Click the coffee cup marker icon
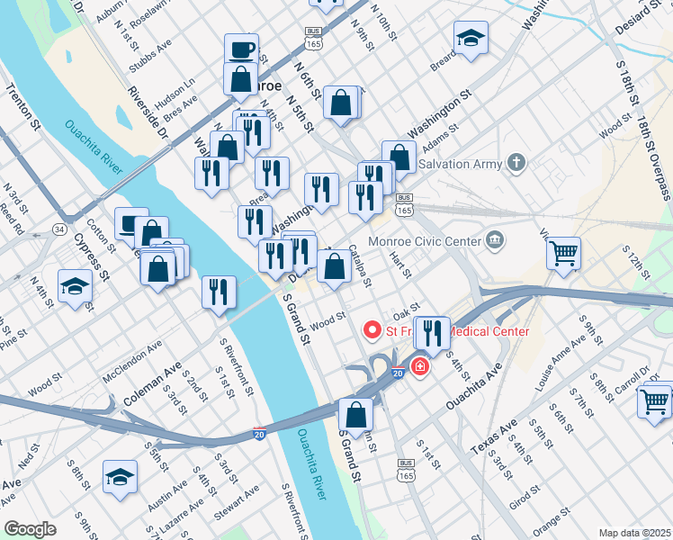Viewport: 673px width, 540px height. [241, 49]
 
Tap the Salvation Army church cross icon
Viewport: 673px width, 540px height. [515, 163]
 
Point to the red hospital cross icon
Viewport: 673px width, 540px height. [419, 367]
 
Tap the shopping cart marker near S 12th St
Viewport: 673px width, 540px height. [564, 252]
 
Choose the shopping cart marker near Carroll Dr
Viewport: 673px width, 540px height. [654, 399]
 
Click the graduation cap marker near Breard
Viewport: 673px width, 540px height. [471, 39]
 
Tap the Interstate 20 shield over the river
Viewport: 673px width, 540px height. [260, 433]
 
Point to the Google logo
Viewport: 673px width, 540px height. [31, 529]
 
